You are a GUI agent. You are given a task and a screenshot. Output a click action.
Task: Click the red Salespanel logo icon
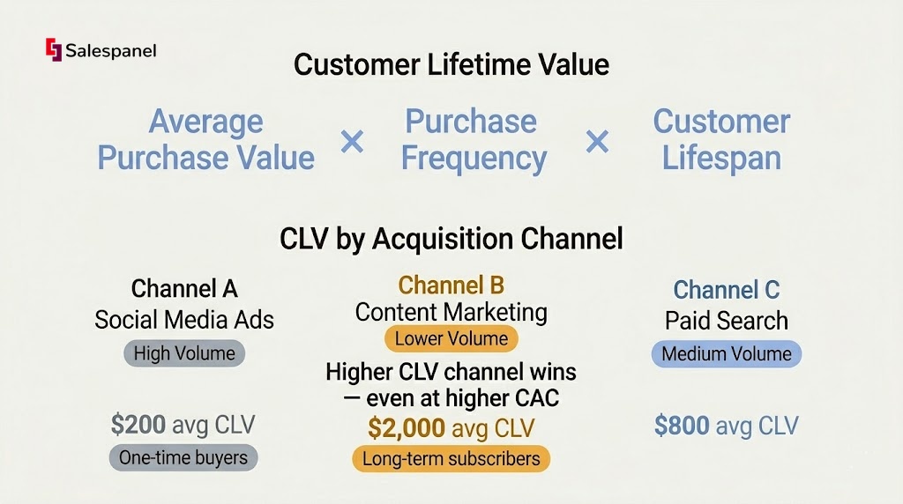[x=54, y=49]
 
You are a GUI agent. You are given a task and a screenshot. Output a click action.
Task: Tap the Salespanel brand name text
[x=110, y=51]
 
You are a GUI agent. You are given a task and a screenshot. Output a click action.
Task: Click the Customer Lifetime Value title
[x=451, y=64]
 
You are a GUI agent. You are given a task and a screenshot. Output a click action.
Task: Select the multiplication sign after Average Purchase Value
[x=352, y=141]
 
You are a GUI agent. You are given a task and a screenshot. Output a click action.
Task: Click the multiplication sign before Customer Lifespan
[x=597, y=141]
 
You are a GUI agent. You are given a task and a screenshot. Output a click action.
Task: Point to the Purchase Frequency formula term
[x=474, y=140]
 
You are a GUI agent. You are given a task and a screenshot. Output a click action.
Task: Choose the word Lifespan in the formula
[x=721, y=158]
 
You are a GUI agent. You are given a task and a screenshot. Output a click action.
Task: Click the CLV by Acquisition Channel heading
[x=451, y=238]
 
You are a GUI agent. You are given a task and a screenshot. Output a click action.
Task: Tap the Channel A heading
[x=184, y=288]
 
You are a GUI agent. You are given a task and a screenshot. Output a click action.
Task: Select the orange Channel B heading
[x=451, y=285]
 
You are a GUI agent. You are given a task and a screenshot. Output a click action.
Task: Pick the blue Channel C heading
[x=727, y=289]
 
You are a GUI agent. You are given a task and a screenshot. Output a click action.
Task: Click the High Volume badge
[x=184, y=353]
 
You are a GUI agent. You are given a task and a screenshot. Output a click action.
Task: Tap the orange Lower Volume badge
[x=451, y=338]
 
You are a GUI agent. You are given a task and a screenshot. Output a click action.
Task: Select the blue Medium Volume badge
[x=727, y=354]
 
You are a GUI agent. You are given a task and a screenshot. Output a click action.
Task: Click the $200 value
[x=138, y=425]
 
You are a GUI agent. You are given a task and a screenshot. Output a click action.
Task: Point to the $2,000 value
[x=407, y=428]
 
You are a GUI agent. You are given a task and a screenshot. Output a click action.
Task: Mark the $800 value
[x=682, y=426]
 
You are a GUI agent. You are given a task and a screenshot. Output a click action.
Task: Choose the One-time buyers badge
[x=183, y=458]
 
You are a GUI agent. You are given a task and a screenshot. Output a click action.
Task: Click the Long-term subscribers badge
[x=451, y=459]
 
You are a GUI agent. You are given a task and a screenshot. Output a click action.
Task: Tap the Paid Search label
[x=727, y=321]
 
